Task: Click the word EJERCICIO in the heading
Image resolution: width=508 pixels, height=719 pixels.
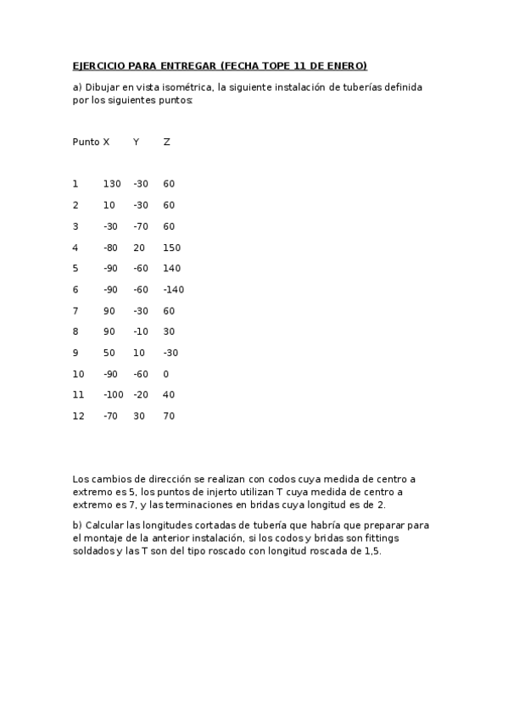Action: point(98,65)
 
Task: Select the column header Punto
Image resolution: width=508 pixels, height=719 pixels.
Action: point(86,142)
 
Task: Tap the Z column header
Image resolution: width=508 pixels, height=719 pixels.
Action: point(166,142)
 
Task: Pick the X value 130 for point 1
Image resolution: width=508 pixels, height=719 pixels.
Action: point(112,184)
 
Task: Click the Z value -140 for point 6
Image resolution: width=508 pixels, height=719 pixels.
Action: point(174,289)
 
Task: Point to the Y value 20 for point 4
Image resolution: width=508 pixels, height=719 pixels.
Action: point(139,248)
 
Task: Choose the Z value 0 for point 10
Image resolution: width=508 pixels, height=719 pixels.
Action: point(166,374)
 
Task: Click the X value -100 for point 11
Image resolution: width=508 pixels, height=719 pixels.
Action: point(114,395)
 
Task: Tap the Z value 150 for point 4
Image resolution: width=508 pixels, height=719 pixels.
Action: point(171,248)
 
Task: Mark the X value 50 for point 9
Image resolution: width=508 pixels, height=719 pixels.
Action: point(109,353)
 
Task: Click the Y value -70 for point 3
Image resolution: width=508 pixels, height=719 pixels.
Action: point(141,226)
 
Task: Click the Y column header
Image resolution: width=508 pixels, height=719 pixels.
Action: point(136,142)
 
